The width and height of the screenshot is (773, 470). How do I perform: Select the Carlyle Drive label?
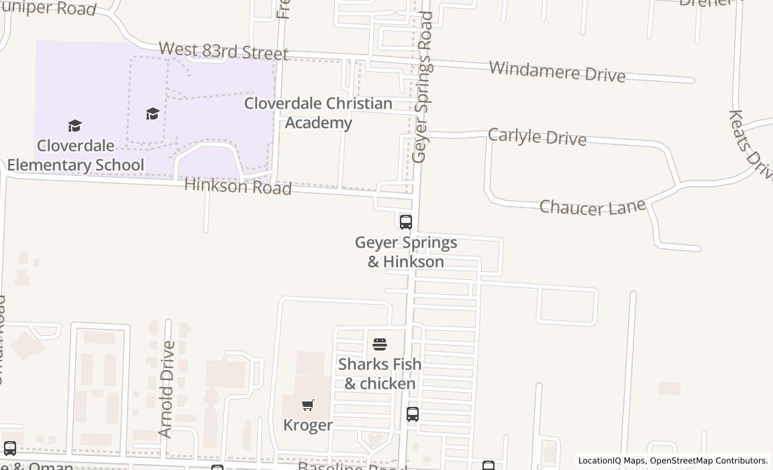[x=537, y=136]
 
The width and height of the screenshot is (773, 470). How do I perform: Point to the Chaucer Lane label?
[x=592, y=207]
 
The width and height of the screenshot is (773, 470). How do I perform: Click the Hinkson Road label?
[x=238, y=186]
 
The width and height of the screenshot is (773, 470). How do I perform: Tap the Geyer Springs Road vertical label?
[x=423, y=87]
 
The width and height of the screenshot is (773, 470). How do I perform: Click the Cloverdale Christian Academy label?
[x=318, y=113]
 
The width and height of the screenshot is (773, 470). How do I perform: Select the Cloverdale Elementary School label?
[x=75, y=155]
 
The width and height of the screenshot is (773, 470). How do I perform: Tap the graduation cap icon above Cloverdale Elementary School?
[x=74, y=126]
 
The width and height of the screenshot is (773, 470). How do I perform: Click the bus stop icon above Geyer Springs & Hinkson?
[x=405, y=222]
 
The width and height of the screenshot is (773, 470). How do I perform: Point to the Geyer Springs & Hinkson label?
[x=406, y=252]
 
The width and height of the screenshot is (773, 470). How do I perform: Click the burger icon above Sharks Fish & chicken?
[x=380, y=345]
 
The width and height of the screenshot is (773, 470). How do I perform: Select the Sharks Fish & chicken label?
[x=380, y=373]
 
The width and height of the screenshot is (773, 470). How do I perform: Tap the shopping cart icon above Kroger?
[x=307, y=405]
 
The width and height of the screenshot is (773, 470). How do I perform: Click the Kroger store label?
[x=307, y=425]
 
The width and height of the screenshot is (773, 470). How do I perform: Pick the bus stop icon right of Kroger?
[x=413, y=414]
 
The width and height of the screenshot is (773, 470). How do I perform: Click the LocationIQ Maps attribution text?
[x=611, y=461]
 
